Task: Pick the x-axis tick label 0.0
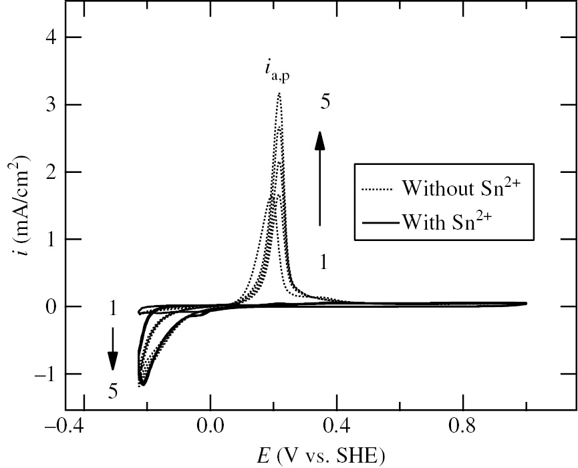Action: pyautogui.click(x=210, y=427)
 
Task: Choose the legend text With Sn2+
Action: pyautogui.click(x=452, y=221)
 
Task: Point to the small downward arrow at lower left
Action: pyautogui.click(x=113, y=348)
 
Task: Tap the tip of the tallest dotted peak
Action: pyautogui.click(x=279, y=93)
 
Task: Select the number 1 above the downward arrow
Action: pyautogui.click(x=113, y=310)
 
